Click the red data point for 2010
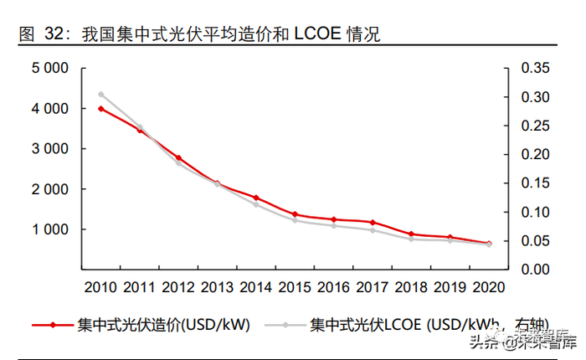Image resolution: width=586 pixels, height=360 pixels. [100, 109]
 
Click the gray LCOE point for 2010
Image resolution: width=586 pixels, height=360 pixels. [100, 95]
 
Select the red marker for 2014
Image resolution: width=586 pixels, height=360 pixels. [256, 198]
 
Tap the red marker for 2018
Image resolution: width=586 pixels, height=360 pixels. [411, 234]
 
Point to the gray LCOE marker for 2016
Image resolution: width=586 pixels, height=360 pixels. [333, 226]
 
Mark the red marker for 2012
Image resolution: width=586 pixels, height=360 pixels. [178, 158]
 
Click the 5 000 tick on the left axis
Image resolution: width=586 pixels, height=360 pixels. [49, 69]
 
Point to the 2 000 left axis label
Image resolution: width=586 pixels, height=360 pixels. [49, 189]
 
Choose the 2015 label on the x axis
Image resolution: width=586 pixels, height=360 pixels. [295, 288]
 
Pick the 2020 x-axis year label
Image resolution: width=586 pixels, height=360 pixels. [489, 288]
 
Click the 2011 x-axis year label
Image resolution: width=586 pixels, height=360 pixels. [139, 288]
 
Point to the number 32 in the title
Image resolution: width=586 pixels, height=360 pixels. [54, 35]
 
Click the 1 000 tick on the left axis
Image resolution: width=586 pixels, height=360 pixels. [49, 229]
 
